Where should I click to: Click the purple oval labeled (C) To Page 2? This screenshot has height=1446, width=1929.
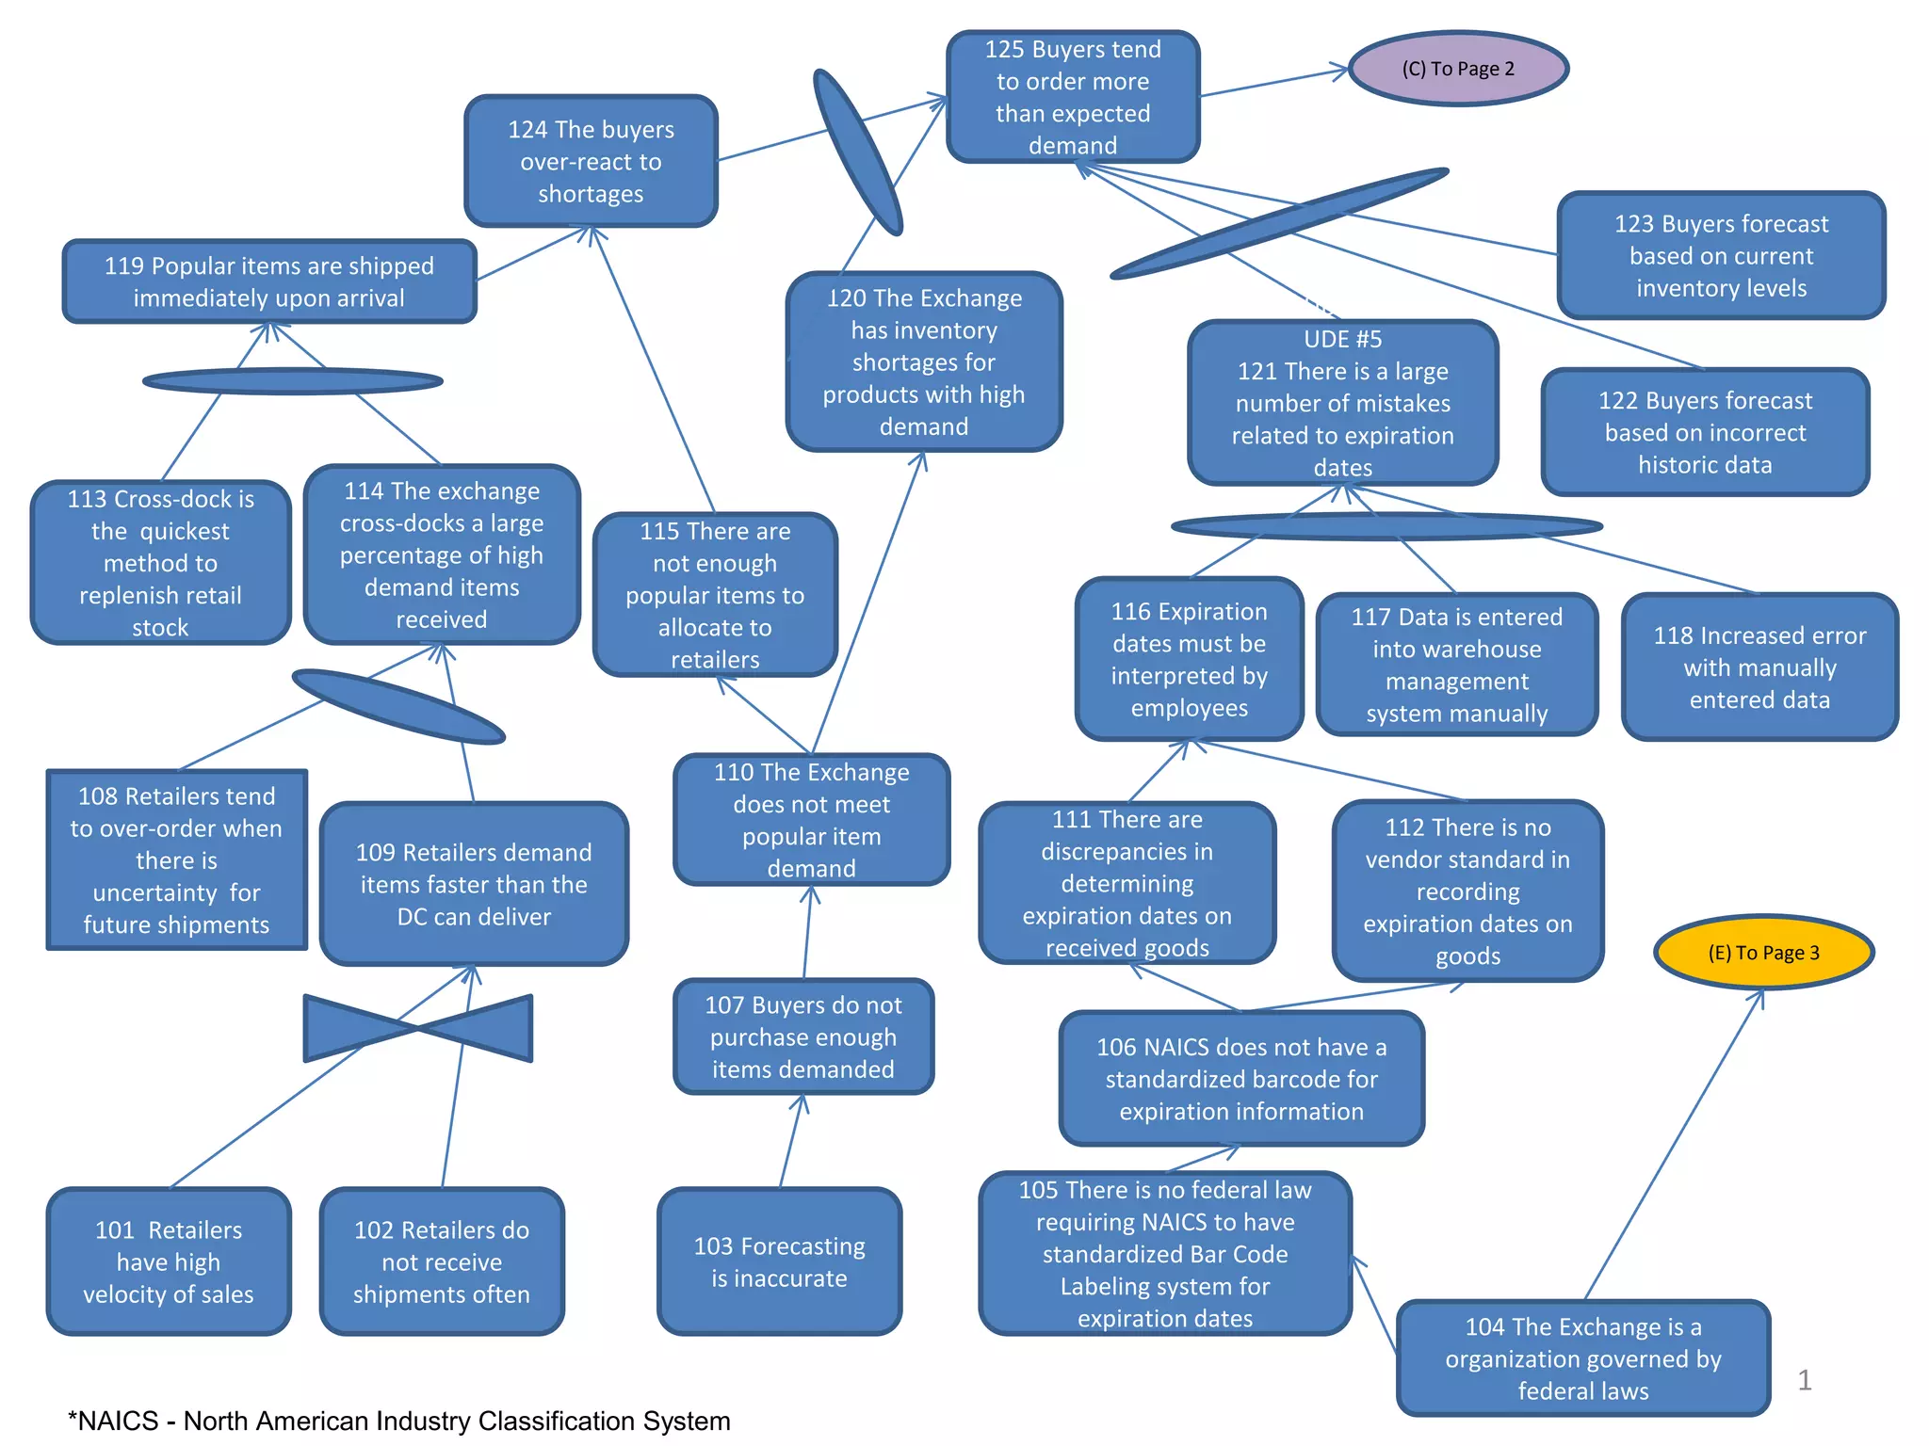1457,69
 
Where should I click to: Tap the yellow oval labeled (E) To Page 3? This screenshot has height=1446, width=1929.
1763,952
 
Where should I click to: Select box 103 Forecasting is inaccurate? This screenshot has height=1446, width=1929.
779,1261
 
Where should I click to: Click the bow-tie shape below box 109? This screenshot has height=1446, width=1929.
418,1028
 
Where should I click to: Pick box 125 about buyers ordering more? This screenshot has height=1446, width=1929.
1072,97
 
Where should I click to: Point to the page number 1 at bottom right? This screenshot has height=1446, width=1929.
1804,1380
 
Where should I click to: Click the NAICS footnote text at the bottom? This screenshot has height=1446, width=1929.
399,1421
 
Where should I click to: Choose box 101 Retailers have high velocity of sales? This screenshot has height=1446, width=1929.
169,1261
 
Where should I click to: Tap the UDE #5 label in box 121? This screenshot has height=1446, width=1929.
1342,339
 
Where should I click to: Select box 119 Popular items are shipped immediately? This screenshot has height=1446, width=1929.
269,281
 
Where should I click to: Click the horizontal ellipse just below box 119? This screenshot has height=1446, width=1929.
292,381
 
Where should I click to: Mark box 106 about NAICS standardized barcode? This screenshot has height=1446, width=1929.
1240,1079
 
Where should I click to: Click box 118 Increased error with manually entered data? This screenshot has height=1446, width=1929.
1759,667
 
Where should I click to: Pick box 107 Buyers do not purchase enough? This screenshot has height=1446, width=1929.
803,1036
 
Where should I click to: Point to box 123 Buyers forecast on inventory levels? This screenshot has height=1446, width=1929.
1720,255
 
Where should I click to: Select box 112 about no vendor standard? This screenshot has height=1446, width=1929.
1467,891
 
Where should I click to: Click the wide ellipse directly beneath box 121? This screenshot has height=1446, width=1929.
1386,526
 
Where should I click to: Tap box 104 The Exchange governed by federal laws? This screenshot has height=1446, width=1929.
1582,1358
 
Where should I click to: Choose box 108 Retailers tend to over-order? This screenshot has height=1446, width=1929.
177,860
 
